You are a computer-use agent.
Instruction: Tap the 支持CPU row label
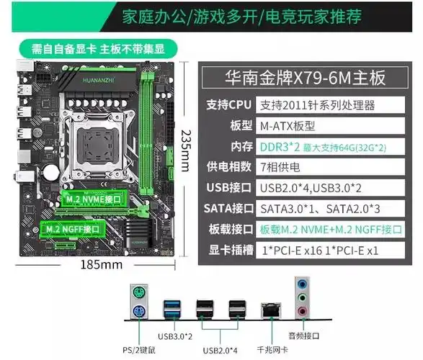[229, 105]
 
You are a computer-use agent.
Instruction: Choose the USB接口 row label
[229, 189]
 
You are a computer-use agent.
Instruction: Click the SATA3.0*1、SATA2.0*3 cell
[318, 210]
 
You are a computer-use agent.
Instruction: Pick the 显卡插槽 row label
[229, 251]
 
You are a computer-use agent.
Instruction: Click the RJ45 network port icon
[272, 310]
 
